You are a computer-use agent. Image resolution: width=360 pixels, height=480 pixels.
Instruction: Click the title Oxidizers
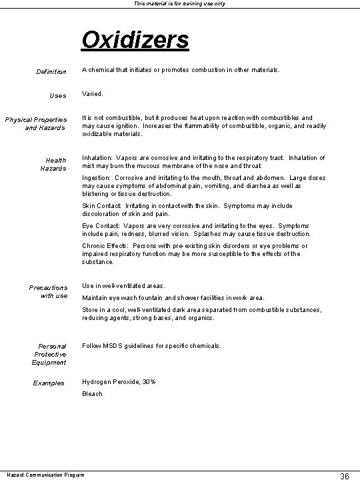135,39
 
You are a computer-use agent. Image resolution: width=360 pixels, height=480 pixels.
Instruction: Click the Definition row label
51,71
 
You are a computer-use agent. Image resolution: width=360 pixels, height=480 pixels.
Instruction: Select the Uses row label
59,96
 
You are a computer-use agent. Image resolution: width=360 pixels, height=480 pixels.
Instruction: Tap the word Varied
93,94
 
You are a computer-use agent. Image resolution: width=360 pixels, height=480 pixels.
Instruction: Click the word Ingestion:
97,179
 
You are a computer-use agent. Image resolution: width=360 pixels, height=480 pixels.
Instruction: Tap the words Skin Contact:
101,206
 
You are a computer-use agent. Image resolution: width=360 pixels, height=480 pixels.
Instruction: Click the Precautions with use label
48,292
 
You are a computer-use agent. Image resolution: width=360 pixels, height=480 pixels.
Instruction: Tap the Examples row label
49,383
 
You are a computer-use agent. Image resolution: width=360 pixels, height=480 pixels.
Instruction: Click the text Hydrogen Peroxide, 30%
119,381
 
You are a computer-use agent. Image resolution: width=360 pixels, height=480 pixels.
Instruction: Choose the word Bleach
92,394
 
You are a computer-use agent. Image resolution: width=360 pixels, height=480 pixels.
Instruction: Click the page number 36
345,475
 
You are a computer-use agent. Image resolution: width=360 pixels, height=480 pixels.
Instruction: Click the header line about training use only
180,4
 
